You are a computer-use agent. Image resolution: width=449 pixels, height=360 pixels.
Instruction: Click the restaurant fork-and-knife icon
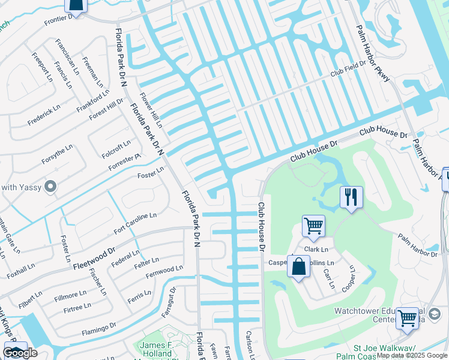[351, 197]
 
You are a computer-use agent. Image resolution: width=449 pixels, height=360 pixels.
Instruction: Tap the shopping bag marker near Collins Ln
[298, 266]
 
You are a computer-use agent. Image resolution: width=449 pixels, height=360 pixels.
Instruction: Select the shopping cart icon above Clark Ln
[313, 226]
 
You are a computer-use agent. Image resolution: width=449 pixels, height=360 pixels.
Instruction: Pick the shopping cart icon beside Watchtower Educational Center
[407, 319]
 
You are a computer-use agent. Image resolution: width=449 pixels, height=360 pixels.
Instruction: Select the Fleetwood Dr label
[94, 257]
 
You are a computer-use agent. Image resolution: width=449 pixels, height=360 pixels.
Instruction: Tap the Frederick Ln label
[46, 116]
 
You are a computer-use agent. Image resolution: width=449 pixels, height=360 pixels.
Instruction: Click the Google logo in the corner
[20, 353]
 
